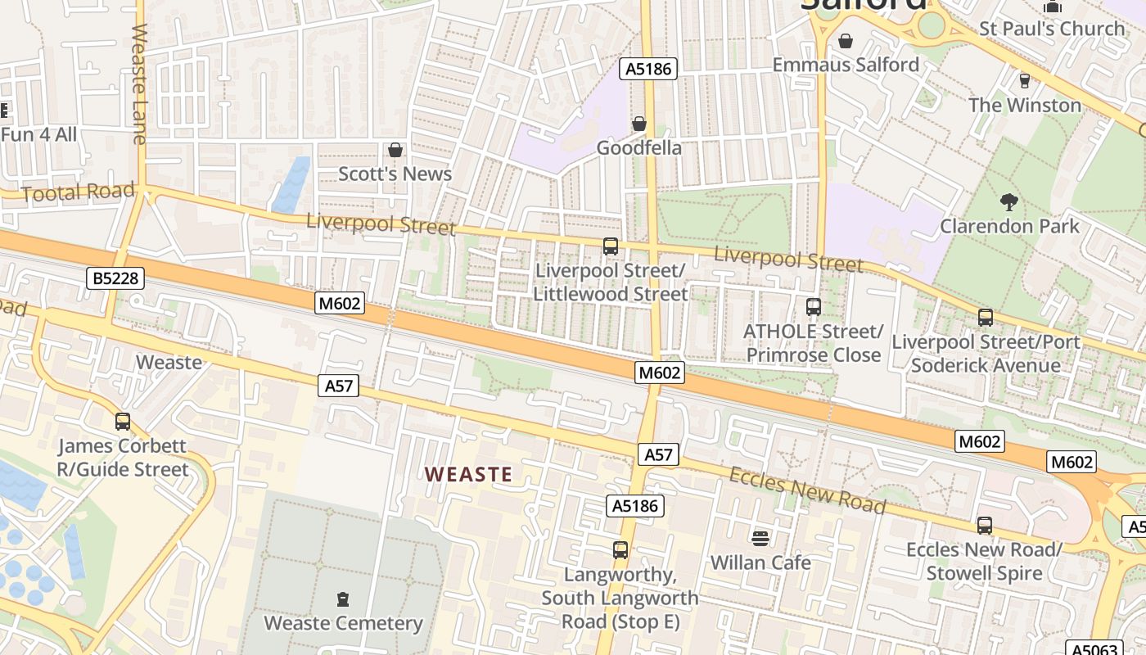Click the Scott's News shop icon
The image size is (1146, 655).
[x=395, y=150]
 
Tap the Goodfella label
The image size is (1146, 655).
[x=638, y=148]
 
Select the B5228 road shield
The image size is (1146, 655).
[x=115, y=278]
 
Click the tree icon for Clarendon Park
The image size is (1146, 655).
[x=1009, y=201]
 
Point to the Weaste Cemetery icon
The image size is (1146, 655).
[x=343, y=599]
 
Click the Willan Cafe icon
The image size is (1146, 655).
[x=760, y=538]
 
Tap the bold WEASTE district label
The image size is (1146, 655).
[x=469, y=474]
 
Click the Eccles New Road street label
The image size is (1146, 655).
[x=806, y=490]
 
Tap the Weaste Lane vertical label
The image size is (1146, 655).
[x=138, y=84]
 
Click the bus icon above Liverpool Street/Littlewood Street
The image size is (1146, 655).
[x=610, y=246]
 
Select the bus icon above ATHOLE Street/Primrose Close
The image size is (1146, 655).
[x=813, y=307]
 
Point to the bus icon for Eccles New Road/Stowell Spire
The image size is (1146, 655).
[x=984, y=525]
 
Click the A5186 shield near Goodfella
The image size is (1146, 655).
[x=649, y=69]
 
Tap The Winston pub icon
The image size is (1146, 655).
[x=1024, y=80]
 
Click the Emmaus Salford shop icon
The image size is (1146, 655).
[x=846, y=40]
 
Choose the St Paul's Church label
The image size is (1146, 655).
[x=1052, y=29]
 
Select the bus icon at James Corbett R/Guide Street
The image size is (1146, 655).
[x=123, y=422]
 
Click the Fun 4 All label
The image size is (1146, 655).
[x=38, y=133]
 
